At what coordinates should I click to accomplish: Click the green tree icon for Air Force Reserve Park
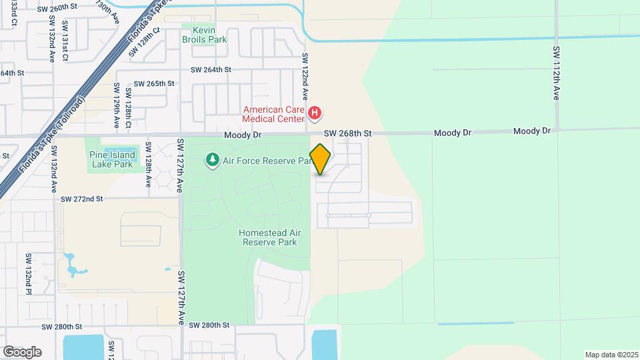tap(213, 160)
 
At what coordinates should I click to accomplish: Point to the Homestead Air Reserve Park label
tap(267, 237)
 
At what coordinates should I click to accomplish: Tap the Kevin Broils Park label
tap(205, 35)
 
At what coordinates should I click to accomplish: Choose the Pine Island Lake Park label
tap(112, 160)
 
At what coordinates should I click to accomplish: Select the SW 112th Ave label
tap(555, 73)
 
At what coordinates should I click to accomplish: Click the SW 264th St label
tap(211, 69)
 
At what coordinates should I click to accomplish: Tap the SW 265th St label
tap(154, 84)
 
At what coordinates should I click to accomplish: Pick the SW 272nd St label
tap(82, 199)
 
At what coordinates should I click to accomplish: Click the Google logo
tap(22, 351)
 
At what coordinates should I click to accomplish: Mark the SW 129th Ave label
tap(117, 105)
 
